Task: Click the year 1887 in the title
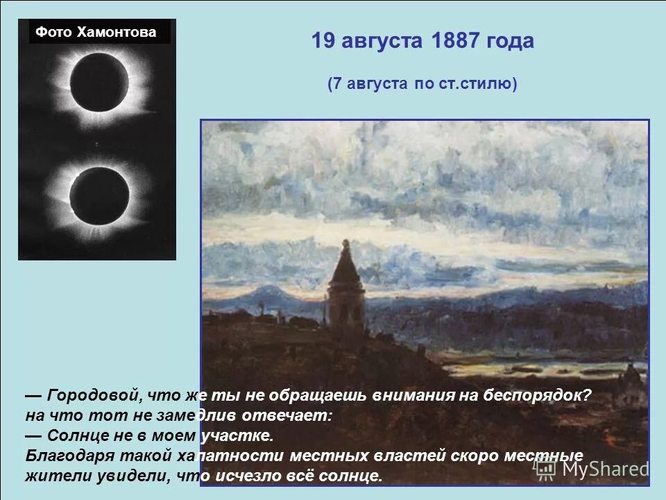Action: pyautogui.click(x=455, y=41)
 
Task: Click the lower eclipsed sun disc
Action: pyautogui.click(x=99, y=194)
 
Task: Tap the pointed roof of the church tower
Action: pyautogui.click(x=345, y=264)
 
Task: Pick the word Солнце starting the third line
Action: pyautogui.click(x=76, y=436)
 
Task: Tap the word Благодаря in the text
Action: pyautogui.click(x=65, y=456)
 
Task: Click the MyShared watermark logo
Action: pyautogui.click(x=592, y=468)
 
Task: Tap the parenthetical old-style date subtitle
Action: pyautogui.click(x=422, y=84)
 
